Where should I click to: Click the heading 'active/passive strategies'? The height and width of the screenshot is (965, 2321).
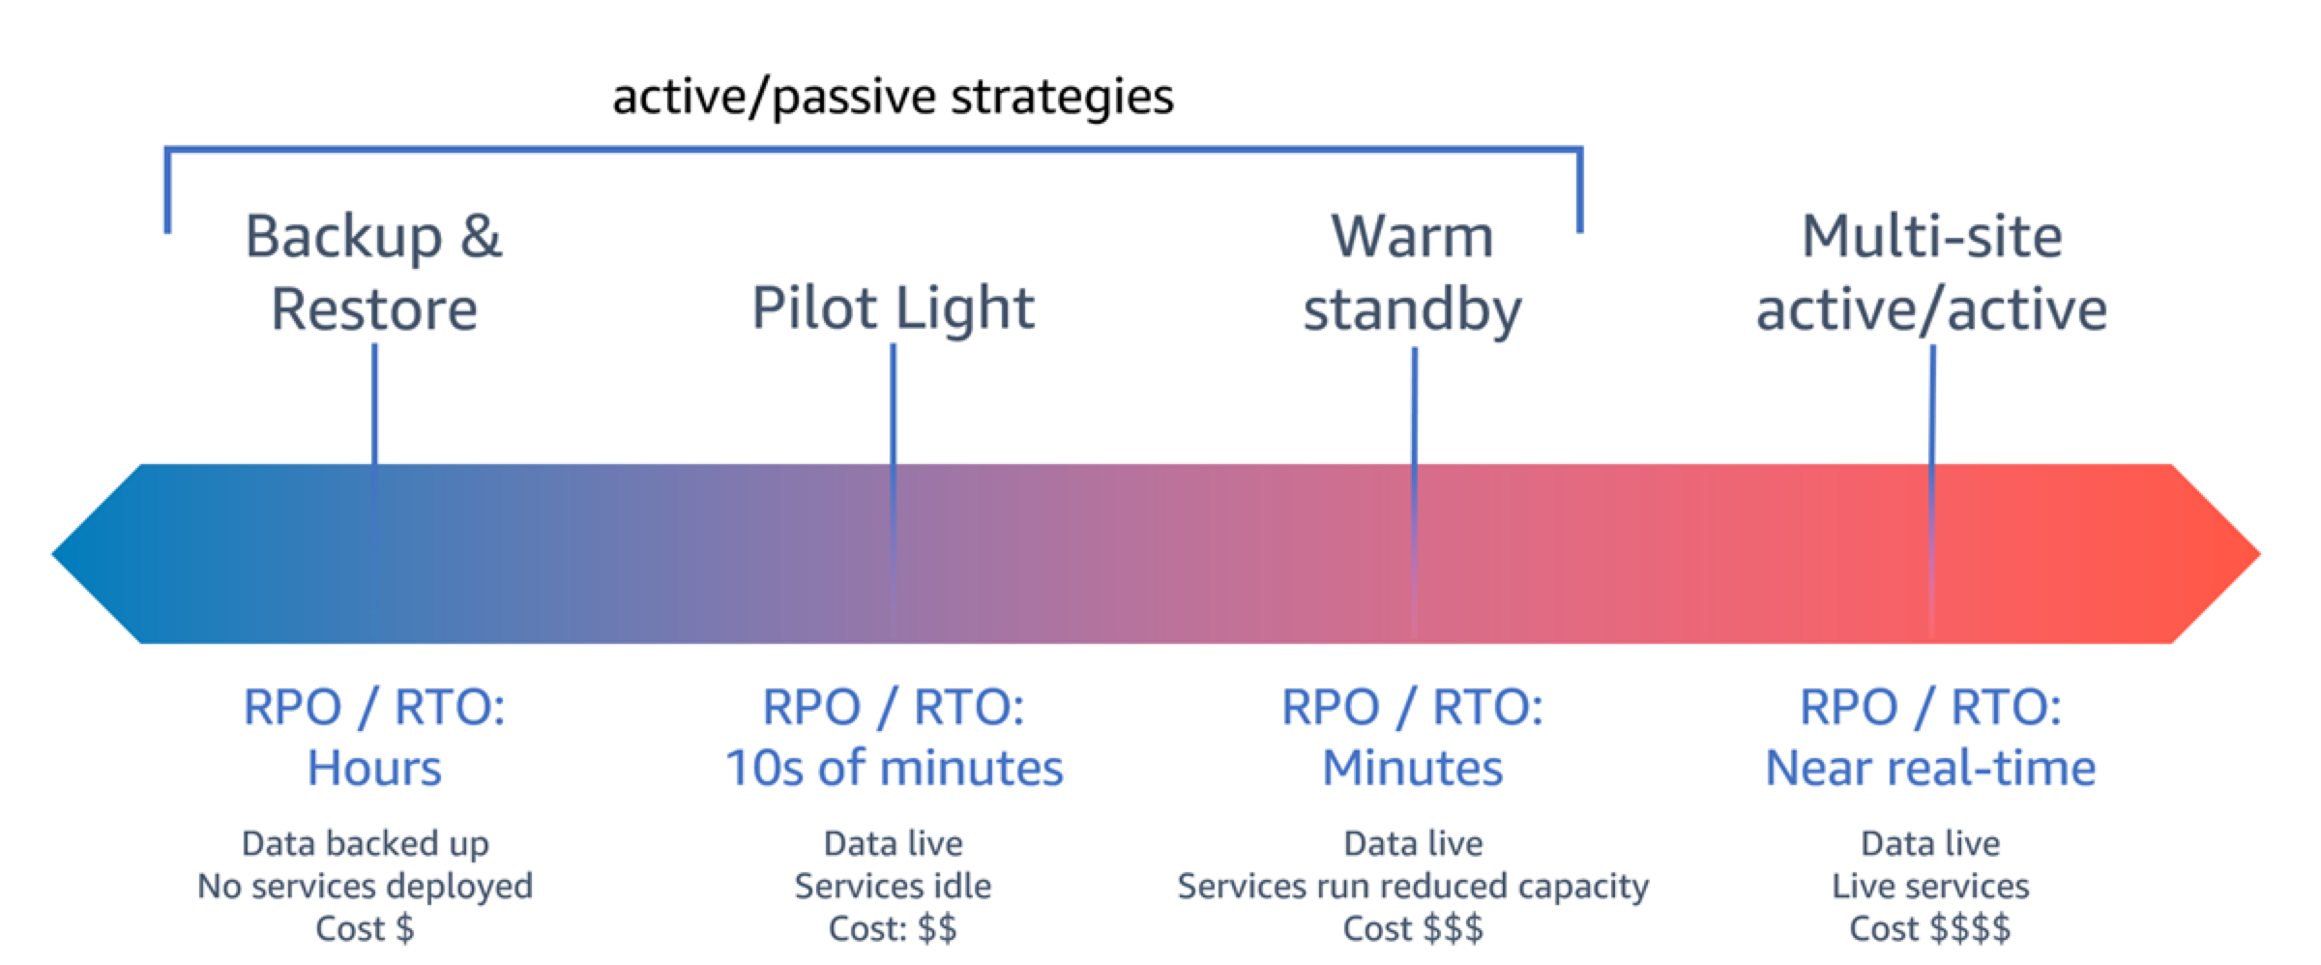coord(893,98)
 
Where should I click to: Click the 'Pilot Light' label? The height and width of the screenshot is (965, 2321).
coord(893,308)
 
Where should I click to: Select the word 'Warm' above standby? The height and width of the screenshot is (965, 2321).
coord(1412,236)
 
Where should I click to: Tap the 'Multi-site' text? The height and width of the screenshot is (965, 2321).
coord(1931,236)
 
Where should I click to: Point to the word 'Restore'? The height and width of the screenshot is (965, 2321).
coord(373,309)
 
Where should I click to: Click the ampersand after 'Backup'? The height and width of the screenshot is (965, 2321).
coord(481,236)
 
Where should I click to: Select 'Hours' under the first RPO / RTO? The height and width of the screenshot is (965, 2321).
coord(373,769)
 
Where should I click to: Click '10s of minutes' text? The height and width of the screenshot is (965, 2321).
coord(893,769)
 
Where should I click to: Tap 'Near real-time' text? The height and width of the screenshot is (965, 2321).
coord(1930,769)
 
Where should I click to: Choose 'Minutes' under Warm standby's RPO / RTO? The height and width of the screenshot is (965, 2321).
coord(1412,769)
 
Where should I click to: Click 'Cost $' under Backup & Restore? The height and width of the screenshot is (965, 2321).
coord(365,928)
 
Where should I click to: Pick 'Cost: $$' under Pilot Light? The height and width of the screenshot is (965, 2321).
coord(893,928)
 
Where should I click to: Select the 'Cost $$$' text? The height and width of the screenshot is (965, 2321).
coord(1412,928)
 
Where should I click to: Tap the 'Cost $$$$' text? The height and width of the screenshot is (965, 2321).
coord(1929,928)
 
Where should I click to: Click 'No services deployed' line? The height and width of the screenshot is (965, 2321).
coord(365,886)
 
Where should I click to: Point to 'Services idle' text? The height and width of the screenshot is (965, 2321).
coord(893,886)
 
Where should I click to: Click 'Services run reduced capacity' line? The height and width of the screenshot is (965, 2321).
coord(1412,886)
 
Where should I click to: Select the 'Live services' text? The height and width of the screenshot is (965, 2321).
coord(1930,886)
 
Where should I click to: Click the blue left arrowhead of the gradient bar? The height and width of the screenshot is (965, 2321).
coord(97,554)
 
